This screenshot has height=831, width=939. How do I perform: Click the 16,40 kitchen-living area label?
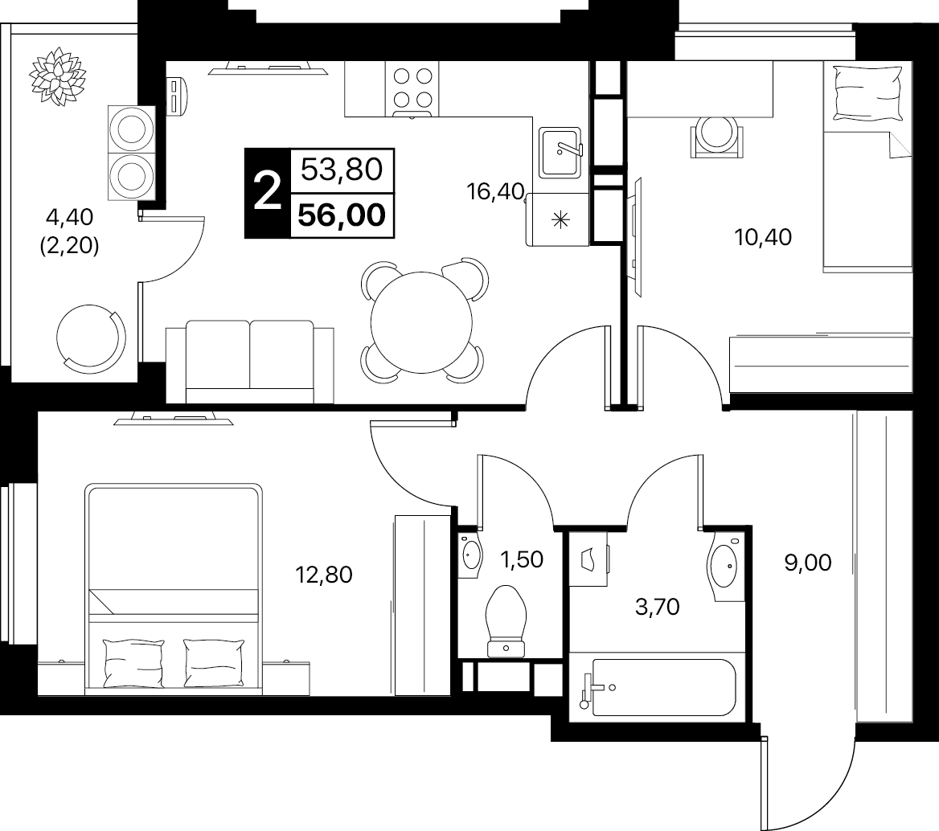click(x=495, y=191)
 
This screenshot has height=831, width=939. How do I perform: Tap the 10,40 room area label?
click(x=763, y=237)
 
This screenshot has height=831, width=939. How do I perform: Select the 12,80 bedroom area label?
click(x=324, y=575)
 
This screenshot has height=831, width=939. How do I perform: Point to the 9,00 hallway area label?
click(x=808, y=563)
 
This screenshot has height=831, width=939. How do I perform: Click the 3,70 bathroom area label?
click(x=657, y=607)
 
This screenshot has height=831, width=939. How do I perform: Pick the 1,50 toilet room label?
click(x=522, y=559)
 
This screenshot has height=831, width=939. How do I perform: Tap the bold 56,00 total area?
click(x=342, y=215)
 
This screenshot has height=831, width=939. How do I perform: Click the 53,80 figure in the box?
click(x=342, y=170)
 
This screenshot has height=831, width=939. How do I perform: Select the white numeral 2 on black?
click(x=267, y=191)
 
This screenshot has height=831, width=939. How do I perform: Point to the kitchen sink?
click(x=560, y=153)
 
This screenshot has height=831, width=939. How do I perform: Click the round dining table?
click(x=421, y=322)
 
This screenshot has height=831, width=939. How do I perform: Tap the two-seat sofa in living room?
click(x=250, y=362)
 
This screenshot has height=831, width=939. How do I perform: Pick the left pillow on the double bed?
click(x=133, y=663)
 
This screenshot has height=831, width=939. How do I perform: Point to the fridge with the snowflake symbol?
click(x=558, y=219)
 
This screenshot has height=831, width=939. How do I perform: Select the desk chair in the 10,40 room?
click(x=717, y=137)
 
